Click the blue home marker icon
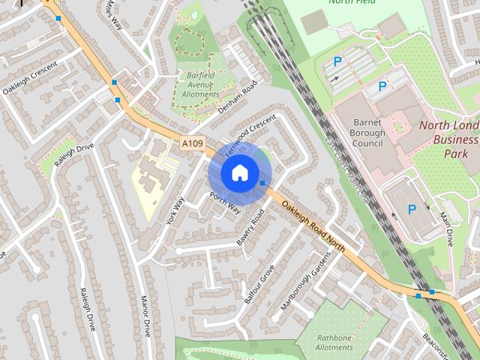(x=239, y=172)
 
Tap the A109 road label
(x=192, y=142)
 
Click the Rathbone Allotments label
(x=334, y=343)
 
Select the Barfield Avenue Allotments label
(x=200, y=84)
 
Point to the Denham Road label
(x=238, y=97)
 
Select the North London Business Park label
(x=448, y=139)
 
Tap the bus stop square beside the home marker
(x=262, y=183)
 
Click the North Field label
(x=352, y=2)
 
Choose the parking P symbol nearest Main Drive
(x=412, y=210)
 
